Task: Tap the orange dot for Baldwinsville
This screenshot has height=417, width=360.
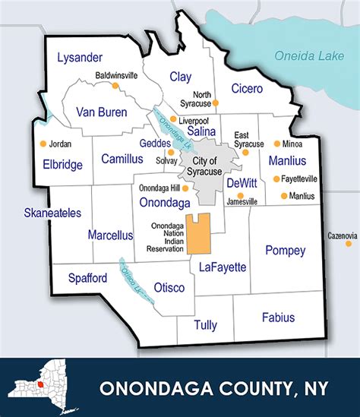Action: [x=115, y=85]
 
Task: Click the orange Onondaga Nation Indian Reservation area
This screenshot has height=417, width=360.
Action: [x=198, y=234]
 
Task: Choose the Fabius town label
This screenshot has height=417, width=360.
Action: [x=278, y=317]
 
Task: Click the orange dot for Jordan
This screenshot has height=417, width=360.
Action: [x=43, y=144]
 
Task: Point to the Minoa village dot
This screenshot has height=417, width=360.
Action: [x=276, y=144]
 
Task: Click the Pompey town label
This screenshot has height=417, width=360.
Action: [x=285, y=251]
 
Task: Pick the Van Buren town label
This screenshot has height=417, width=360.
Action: [x=101, y=112]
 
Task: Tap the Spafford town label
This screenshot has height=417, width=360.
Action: [x=87, y=278]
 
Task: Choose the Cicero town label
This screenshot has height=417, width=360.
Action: [x=247, y=88]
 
